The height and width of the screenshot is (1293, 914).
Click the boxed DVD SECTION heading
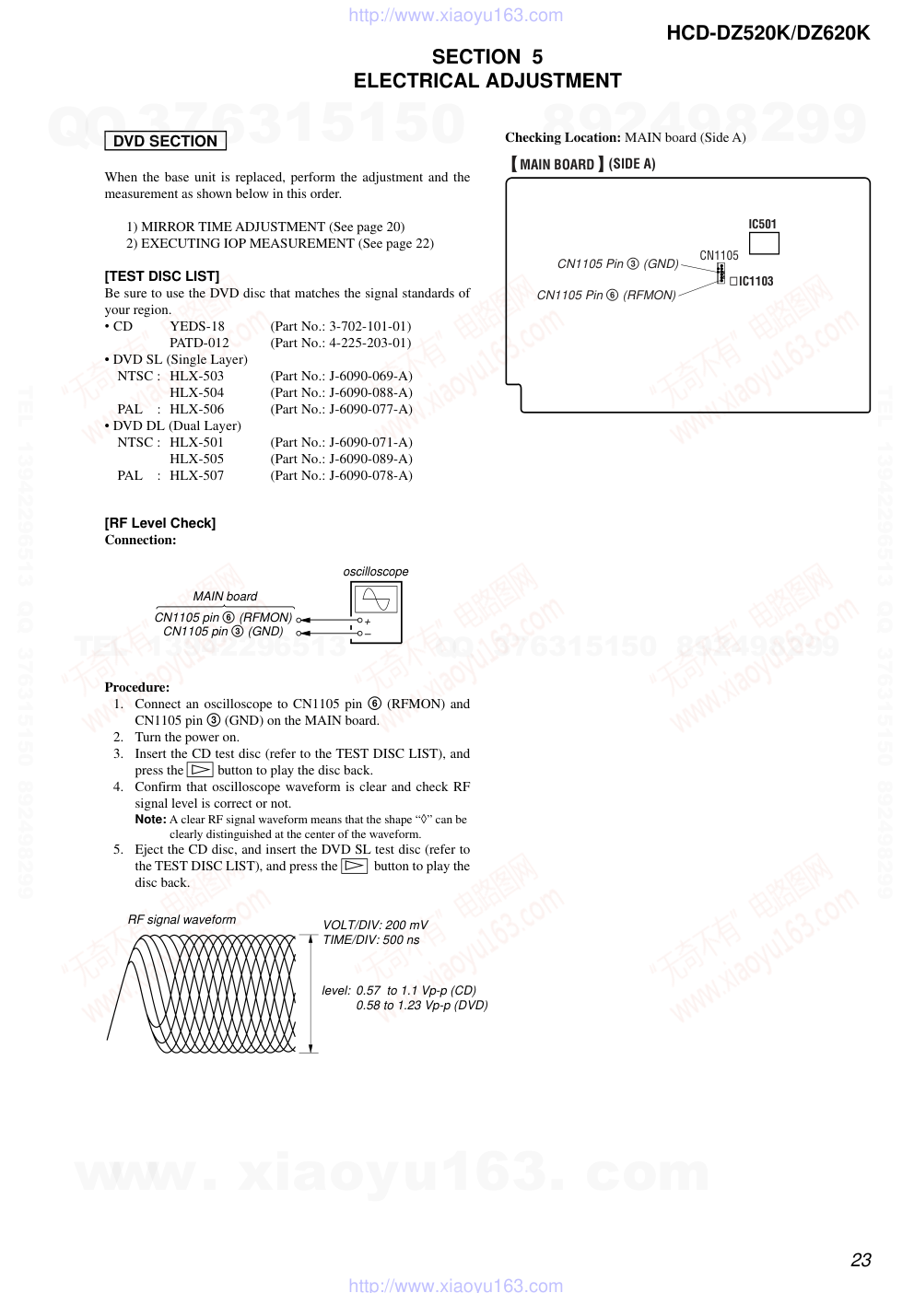tap(165, 141)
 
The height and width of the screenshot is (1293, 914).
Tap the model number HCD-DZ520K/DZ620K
tap(768, 33)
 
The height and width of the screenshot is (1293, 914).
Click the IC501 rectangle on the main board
tap(764, 243)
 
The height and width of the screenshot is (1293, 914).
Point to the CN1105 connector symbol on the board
tap(721, 274)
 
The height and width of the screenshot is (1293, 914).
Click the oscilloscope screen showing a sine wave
tap(376, 600)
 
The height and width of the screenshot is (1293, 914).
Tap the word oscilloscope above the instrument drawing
tap(376, 572)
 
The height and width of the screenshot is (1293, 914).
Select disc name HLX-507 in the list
tap(196, 475)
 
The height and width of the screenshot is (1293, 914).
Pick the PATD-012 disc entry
tap(199, 343)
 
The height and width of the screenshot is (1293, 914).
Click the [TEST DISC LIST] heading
tap(162, 276)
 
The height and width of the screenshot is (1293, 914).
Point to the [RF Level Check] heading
tap(160, 523)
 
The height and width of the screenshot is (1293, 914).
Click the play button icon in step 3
tap(200, 770)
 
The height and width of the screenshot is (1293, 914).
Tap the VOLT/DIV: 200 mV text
tap(375, 925)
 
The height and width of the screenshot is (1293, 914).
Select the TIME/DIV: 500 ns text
tap(370, 940)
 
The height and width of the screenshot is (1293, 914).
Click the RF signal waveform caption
tap(182, 919)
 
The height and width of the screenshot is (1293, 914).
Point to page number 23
tap(861, 1260)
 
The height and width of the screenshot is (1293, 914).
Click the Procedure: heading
tap(137, 687)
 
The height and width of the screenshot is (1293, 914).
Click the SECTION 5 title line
tap(487, 57)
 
